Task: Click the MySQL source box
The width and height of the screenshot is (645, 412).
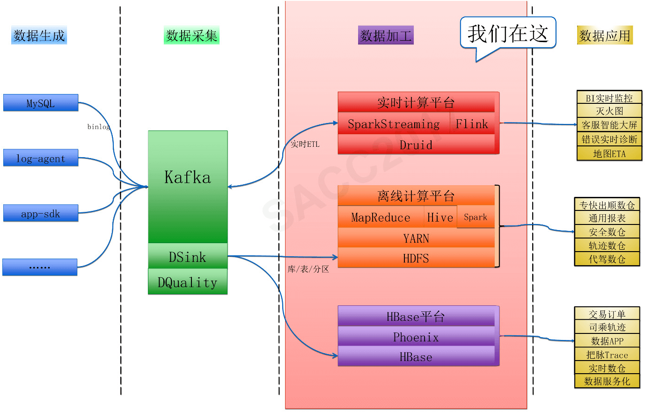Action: (41, 103)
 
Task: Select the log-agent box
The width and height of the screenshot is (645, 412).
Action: (41, 158)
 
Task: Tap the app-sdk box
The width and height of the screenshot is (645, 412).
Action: (41, 213)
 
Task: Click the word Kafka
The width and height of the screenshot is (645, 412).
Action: (188, 177)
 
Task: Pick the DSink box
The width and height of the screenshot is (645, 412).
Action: (188, 256)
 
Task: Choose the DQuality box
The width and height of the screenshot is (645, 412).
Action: (188, 282)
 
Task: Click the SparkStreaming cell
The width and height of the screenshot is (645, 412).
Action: (394, 124)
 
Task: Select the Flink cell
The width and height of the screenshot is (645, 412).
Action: (472, 124)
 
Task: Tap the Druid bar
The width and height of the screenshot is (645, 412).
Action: (416, 145)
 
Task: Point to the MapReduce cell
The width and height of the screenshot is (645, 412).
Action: (381, 217)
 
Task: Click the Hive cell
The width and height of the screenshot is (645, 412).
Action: (440, 217)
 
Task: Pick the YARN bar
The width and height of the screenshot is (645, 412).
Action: (416, 239)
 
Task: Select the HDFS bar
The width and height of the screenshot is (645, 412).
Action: (416, 258)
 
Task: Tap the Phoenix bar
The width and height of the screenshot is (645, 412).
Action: (416, 337)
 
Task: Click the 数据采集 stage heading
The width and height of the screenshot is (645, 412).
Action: (192, 36)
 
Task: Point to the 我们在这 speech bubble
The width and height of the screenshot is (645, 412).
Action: (508, 34)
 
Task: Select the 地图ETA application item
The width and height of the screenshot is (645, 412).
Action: (609, 153)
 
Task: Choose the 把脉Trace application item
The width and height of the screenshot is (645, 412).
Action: (607, 354)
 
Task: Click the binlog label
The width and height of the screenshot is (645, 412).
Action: (99, 127)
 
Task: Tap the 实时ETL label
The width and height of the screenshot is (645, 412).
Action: (305, 144)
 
